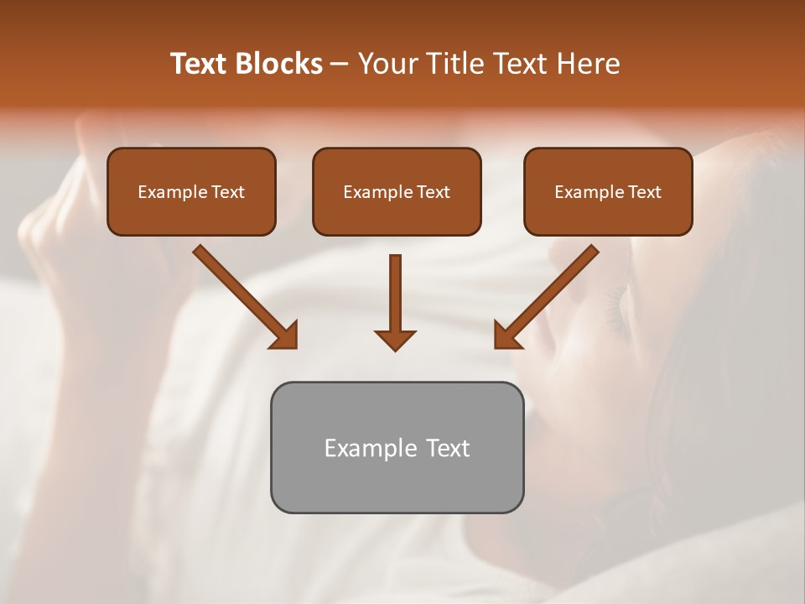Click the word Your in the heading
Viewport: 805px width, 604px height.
[x=387, y=64]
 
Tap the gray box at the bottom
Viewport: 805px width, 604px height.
[x=397, y=487]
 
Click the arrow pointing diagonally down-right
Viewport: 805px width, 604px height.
[x=243, y=295]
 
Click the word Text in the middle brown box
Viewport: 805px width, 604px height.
[x=434, y=192]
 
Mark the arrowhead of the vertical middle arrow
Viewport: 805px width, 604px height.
[x=395, y=339]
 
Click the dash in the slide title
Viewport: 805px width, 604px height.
[x=340, y=65]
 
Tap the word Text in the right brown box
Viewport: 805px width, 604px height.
[x=645, y=192]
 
